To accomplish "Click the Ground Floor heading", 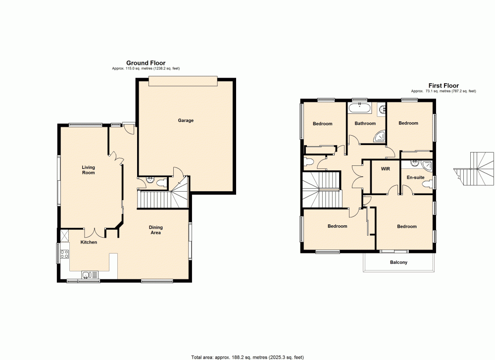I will [146, 63].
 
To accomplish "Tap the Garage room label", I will [186, 120].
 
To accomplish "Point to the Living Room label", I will [88, 170].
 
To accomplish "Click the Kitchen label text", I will [89, 242].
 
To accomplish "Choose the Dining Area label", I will [156, 230].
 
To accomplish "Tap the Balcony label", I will [398, 262].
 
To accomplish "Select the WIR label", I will [386, 169].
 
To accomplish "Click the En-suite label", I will [415, 177].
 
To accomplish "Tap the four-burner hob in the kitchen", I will [64, 255].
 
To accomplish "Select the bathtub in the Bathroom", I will [359, 107].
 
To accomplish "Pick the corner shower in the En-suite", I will [428, 165].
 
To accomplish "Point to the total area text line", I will [247, 357].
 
